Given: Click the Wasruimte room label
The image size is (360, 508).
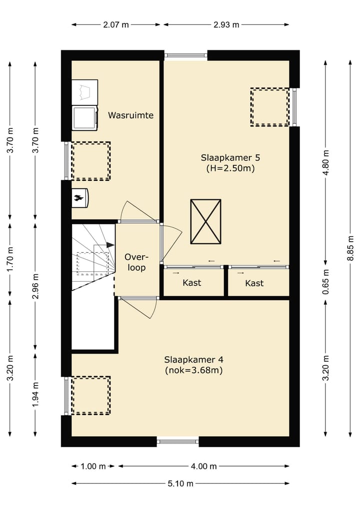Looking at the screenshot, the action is (x=130, y=115).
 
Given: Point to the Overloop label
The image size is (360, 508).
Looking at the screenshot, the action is (x=136, y=262).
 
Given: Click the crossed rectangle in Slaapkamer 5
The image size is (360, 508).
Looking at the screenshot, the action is (x=205, y=222).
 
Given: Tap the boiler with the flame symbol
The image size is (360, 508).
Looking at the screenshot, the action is (x=80, y=198).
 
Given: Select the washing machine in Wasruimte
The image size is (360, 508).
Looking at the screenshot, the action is (x=84, y=118).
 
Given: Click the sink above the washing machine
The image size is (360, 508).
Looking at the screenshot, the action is (x=84, y=92).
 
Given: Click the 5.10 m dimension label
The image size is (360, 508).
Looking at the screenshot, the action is (x=180, y=484).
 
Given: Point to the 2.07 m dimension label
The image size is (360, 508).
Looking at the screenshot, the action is (x=116, y=24).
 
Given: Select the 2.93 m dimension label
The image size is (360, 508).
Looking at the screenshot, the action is (x=226, y=24).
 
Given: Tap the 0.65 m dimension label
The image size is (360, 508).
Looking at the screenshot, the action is (x=325, y=282).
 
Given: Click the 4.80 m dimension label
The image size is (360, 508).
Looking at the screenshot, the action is (x=325, y=162).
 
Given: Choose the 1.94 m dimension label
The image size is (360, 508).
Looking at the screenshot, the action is (x=35, y=395).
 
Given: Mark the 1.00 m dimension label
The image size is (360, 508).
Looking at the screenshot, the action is (x=93, y=466).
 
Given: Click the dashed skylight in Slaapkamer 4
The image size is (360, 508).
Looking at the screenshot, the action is (x=91, y=395).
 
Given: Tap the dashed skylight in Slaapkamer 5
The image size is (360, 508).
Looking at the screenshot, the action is (x=270, y=107).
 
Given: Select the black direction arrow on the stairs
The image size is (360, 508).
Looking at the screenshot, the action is (x=110, y=245).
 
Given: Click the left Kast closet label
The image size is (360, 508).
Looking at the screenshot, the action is (x=191, y=283).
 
